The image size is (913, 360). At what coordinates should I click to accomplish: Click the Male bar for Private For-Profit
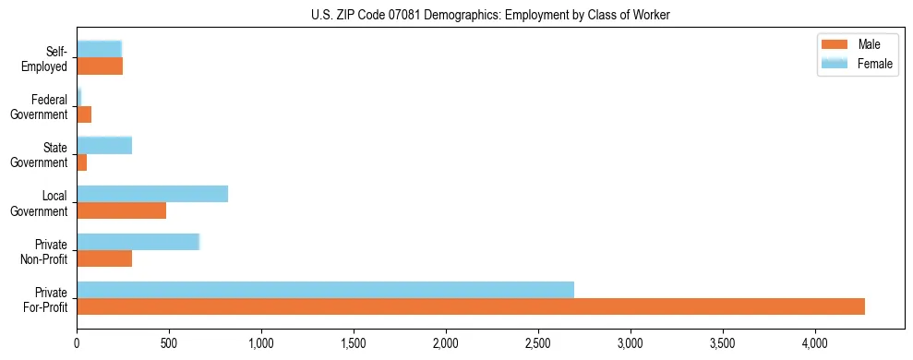pyautogui.click(x=471, y=306)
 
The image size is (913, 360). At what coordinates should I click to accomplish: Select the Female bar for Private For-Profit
pyautogui.click(x=325, y=290)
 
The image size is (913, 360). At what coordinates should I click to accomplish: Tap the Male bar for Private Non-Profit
pyautogui.click(x=104, y=258)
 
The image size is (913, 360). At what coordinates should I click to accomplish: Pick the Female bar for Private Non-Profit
pyautogui.click(x=138, y=242)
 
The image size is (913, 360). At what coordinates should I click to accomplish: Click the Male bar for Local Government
pyautogui.click(x=121, y=210)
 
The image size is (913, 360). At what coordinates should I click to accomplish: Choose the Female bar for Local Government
pyautogui.click(x=152, y=194)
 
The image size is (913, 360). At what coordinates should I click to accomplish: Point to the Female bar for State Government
pyautogui.click(x=104, y=145)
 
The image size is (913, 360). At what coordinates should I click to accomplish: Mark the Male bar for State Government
pyautogui.click(x=81, y=162)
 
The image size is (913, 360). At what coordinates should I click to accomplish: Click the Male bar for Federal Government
pyautogui.click(x=84, y=114)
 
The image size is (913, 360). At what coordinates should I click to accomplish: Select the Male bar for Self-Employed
pyautogui.click(x=100, y=66)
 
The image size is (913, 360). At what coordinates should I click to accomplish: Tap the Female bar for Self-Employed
pyautogui.click(x=99, y=49)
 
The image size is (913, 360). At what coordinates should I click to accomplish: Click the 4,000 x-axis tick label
pyautogui.click(x=815, y=343)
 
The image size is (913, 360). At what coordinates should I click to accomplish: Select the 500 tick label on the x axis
pyautogui.click(x=169, y=343)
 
